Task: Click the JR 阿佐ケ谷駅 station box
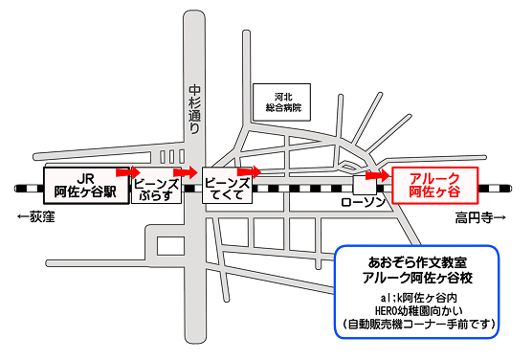84,182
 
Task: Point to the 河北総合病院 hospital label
281,102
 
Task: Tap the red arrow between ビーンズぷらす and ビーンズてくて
187,173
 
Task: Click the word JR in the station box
84,175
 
